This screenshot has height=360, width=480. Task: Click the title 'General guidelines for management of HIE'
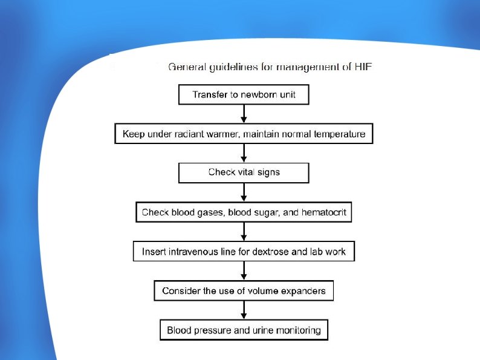point(270,67)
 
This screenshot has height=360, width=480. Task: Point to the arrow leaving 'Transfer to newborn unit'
point(244,114)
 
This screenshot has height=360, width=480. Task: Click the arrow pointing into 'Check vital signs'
point(244,153)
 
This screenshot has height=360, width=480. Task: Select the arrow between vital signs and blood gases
point(244,192)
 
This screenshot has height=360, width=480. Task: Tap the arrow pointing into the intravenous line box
point(244,232)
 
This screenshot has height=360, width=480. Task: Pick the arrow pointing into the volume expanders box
point(244,271)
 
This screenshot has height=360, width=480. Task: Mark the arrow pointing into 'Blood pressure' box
point(244,310)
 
